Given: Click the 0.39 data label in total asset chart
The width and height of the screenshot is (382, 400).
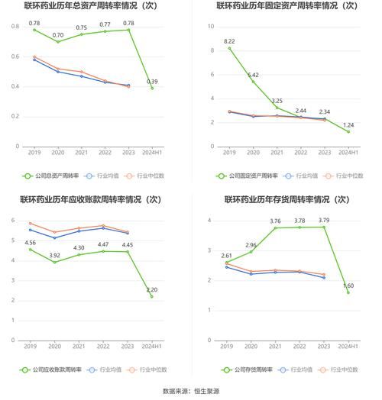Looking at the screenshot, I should coord(152,82).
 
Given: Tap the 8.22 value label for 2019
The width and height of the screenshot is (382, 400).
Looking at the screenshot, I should coord(229,41).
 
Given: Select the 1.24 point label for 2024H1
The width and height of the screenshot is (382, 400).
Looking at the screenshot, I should coord(348,125).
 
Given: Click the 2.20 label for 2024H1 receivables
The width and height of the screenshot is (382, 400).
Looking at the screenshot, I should coord(152,290).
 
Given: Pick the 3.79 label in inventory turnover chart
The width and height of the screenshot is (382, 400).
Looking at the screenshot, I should coord(324,221).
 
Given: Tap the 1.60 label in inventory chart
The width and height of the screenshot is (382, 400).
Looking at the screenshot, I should coord(348,286).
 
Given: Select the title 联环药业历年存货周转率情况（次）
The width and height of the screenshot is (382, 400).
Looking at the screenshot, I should coord(286,200).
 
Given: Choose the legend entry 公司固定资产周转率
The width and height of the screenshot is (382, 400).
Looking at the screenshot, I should coord(249,176).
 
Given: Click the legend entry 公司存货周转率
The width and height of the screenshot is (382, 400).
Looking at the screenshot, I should coord(251,370).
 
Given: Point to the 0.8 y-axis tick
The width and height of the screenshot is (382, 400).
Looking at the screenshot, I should coord(15,27).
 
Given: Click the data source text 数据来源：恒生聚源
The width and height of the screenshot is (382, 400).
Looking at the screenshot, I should coord(190,392).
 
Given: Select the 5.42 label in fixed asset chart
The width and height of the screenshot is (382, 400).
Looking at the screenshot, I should coord(253,75).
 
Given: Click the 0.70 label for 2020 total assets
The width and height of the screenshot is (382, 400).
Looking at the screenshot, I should coord(58,35).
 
